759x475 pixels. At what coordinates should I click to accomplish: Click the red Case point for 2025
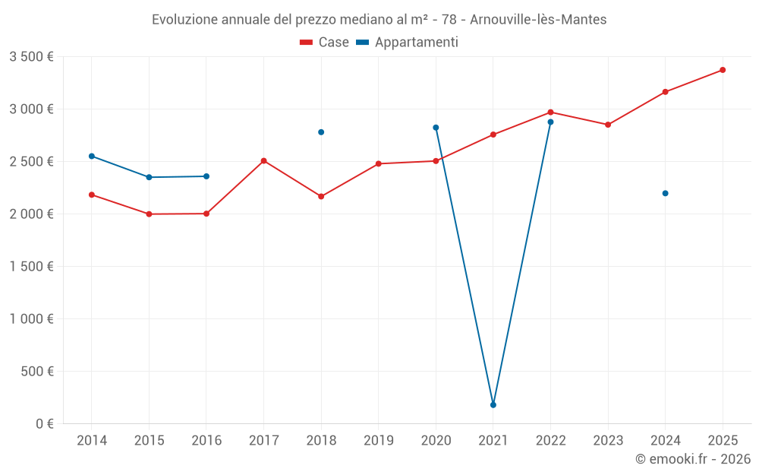pos(723,70)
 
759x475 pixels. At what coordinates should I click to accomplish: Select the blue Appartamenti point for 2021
pos(493,405)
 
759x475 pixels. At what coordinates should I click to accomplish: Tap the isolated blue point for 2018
pos(321,132)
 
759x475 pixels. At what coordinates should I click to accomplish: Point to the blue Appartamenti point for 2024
pos(666,193)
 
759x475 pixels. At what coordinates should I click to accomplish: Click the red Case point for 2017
pos(263,161)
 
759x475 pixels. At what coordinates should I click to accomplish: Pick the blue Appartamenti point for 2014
pos(92,156)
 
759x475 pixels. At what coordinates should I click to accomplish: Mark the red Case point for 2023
pos(608,125)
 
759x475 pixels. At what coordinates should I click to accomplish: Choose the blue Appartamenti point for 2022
pos(551,122)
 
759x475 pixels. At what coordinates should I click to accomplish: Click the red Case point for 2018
pos(321,196)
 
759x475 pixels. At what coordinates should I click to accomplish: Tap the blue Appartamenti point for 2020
pos(436,128)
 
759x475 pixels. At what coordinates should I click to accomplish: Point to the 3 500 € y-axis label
pos(31,57)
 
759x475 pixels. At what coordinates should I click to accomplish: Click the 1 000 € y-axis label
pos(31,318)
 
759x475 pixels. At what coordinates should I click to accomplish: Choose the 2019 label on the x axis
pos(378,440)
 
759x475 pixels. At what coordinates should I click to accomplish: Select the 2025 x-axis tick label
pos(723,440)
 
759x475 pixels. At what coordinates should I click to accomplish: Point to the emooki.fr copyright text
pos(693,459)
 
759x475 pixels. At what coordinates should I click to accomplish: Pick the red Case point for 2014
pos(92,195)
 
